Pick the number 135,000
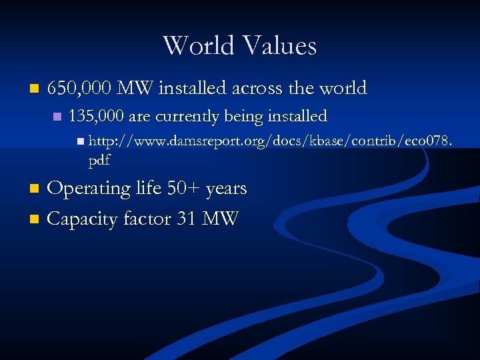96,117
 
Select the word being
243,117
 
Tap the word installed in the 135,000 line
297,117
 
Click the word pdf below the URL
99,161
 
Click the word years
227,189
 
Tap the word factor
145,219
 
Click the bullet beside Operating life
37,189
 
